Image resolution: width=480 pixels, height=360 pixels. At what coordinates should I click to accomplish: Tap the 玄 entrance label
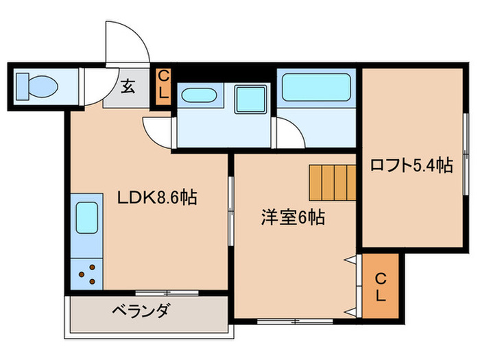pos(128,86)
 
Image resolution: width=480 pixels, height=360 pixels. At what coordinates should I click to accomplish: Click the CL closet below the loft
pos(381,287)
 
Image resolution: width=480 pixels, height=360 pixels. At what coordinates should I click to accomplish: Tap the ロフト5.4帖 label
pos(411,165)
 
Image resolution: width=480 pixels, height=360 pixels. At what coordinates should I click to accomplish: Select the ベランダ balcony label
pos(141,311)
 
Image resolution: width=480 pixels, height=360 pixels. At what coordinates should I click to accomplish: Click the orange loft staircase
pos(333,180)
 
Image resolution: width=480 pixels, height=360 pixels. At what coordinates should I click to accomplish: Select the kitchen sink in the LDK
pos(86,218)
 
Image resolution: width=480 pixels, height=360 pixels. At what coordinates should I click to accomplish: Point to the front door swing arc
pos(127,45)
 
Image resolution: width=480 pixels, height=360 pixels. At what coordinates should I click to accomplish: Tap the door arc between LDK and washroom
pos(158,130)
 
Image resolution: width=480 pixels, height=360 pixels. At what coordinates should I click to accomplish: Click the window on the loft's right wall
pos(467,159)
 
